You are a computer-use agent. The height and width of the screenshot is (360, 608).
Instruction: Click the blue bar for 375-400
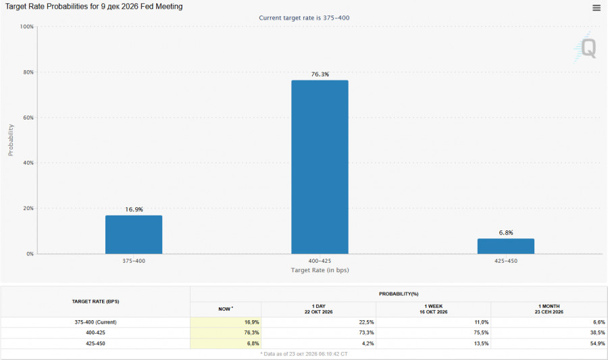(134, 234)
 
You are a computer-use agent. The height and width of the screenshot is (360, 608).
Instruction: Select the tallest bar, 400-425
(320, 167)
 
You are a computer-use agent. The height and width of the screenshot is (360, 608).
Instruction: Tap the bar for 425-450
(505, 246)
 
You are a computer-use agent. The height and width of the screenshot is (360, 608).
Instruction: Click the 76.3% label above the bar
(320, 74)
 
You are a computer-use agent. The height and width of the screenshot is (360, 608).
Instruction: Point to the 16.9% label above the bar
(134, 209)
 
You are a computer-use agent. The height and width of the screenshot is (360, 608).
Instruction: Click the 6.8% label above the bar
(505, 232)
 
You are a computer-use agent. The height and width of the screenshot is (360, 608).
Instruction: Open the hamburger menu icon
(597, 7)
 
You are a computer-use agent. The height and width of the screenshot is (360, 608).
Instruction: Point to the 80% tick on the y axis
(28, 72)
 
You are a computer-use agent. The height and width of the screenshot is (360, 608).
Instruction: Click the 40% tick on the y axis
(28, 163)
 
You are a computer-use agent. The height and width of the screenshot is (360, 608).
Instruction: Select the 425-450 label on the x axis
(505, 261)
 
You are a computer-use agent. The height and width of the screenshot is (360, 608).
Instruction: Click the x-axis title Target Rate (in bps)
(320, 270)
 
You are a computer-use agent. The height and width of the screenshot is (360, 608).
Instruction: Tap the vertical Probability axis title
(11, 140)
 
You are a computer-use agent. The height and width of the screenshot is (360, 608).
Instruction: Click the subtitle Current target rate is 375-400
(304, 18)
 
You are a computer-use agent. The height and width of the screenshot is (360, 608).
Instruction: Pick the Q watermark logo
(585, 48)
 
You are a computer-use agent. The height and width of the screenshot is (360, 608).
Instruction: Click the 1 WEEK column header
(433, 309)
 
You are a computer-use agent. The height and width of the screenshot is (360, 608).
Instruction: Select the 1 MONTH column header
(549, 309)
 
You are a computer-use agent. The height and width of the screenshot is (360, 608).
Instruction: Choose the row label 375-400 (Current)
(95, 322)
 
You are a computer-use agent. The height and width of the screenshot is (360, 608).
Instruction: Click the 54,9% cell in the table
(598, 343)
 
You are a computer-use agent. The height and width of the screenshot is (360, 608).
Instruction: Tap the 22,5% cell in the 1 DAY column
(366, 322)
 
